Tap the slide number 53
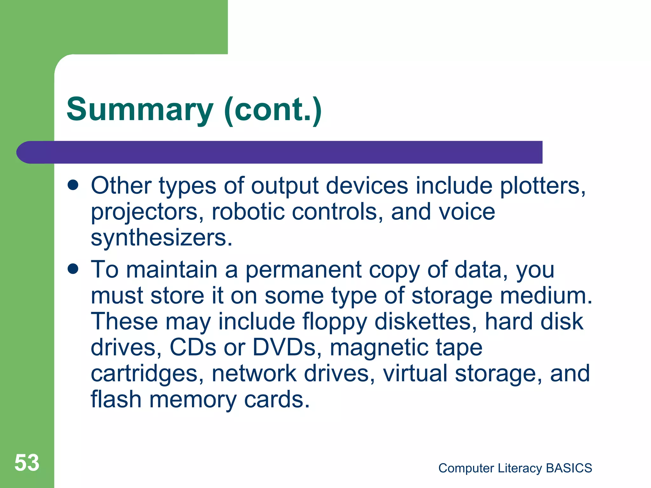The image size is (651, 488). click(27, 463)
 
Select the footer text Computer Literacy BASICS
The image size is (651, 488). click(515, 468)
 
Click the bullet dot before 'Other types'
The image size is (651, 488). click(73, 185)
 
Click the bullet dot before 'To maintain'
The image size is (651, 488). click(73, 269)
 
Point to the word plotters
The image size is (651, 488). click(542, 186)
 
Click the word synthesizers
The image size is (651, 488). click(161, 238)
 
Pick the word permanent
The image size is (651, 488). click(303, 270)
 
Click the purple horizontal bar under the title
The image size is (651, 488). click(286, 152)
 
